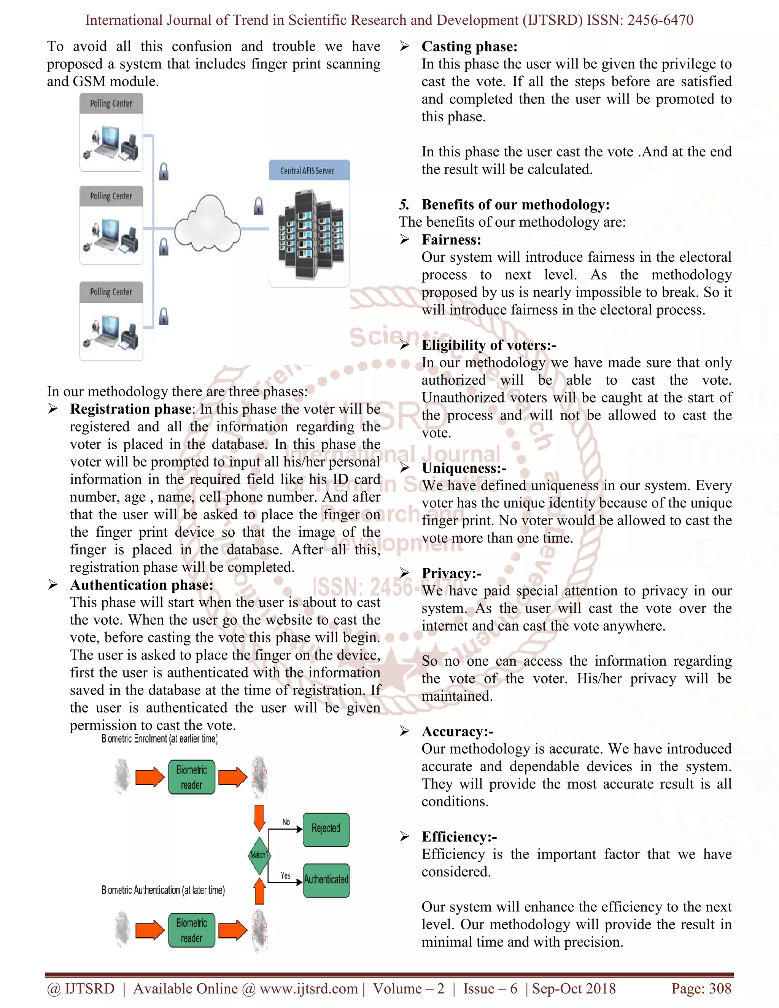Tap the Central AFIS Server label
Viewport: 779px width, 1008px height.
coord(307,171)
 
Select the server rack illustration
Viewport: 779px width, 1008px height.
coord(310,234)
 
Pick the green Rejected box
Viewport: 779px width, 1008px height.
coord(326,828)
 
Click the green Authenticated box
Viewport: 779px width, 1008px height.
coord(326,880)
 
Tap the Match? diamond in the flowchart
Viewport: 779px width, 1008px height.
coord(259,855)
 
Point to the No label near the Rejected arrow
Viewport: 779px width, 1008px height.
coord(286,822)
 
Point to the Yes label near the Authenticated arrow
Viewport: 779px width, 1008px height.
coord(286,876)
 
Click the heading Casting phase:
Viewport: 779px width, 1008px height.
coord(469,47)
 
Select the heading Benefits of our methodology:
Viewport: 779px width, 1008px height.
coord(515,205)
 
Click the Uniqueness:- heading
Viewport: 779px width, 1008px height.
coord(464,468)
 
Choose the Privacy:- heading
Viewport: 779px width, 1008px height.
coord(452,573)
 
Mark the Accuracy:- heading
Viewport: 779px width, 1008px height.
coord(457,731)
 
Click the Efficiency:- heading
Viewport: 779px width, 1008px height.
coord(459,837)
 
